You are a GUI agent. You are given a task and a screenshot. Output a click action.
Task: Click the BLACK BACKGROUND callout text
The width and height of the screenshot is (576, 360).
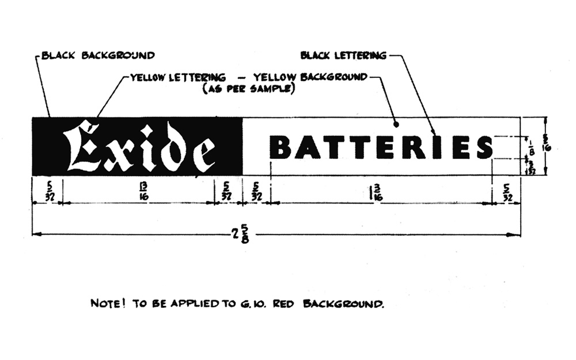point(98,56)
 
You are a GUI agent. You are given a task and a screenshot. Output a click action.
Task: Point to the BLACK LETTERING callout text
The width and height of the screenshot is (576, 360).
point(343,56)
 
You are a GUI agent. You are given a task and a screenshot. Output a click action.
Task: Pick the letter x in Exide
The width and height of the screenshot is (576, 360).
point(120,153)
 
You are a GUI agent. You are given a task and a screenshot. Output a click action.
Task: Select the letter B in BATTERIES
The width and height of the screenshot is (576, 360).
point(281,147)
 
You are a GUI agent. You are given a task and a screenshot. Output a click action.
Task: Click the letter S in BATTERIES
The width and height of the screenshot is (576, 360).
point(484,147)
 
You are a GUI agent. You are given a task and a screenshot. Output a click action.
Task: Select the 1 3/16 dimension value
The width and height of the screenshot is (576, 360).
point(377,190)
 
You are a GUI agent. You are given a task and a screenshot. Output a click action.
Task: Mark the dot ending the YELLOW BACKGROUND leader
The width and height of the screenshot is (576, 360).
point(396,123)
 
